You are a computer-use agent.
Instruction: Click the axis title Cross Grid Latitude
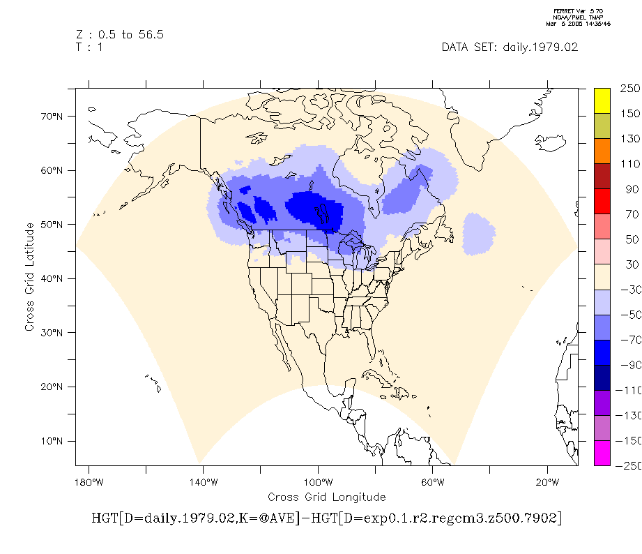click(x=29, y=277)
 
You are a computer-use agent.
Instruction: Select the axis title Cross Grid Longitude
click(x=326, y=497)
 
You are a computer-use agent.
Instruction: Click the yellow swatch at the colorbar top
click(x=602, y=100)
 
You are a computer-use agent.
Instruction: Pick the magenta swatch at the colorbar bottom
click(x=602, y=453)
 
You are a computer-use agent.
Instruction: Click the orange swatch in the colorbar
click(x=602, y=151)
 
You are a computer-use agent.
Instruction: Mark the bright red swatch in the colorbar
click(x=602, y=202)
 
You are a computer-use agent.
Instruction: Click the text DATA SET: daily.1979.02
click(x=510, y=47)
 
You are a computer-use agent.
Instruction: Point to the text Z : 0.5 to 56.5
click(x=119, y=34)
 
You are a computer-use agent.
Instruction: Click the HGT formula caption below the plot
click(x=326, y=519)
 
